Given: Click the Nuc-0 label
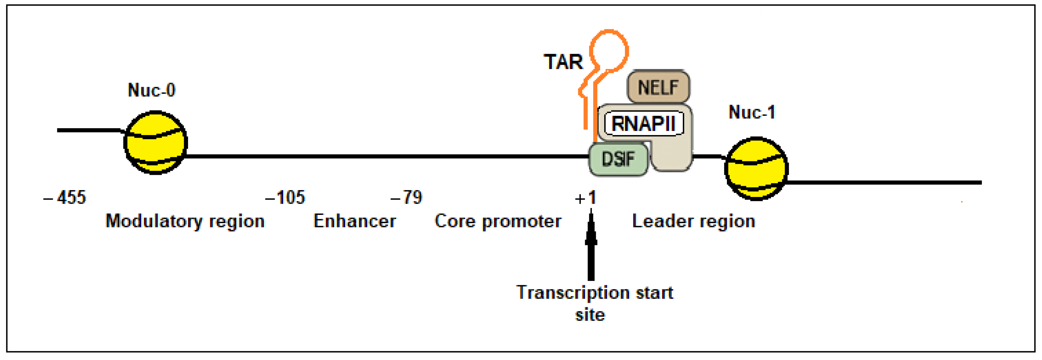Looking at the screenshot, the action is click(152, 90).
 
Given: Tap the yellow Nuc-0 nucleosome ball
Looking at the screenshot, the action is click(155, 142).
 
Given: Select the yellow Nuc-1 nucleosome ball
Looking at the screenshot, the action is click(756, 169).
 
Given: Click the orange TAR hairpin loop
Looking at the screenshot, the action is click(609, 51).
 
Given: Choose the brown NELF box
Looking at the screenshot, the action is click(658, 87).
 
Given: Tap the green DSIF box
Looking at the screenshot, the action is click(618, 159).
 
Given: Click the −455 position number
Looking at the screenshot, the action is click(65, 198).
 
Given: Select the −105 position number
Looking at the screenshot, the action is click(285, 198).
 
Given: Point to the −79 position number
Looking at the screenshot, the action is click(406, 198).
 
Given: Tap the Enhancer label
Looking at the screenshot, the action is click(355, 221).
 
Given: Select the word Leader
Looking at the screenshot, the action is click(662, 221).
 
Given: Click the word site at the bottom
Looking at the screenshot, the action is click(590, 315).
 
